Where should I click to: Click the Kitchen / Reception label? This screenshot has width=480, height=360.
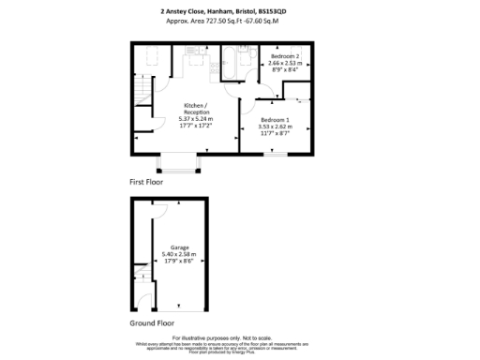196,108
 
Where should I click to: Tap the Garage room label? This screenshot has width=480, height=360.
179,248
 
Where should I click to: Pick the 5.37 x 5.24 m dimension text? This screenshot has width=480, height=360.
196,119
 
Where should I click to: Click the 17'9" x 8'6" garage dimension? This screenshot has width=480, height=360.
179,262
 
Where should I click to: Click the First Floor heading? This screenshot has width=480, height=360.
146,182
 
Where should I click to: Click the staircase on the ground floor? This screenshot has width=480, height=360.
141,277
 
